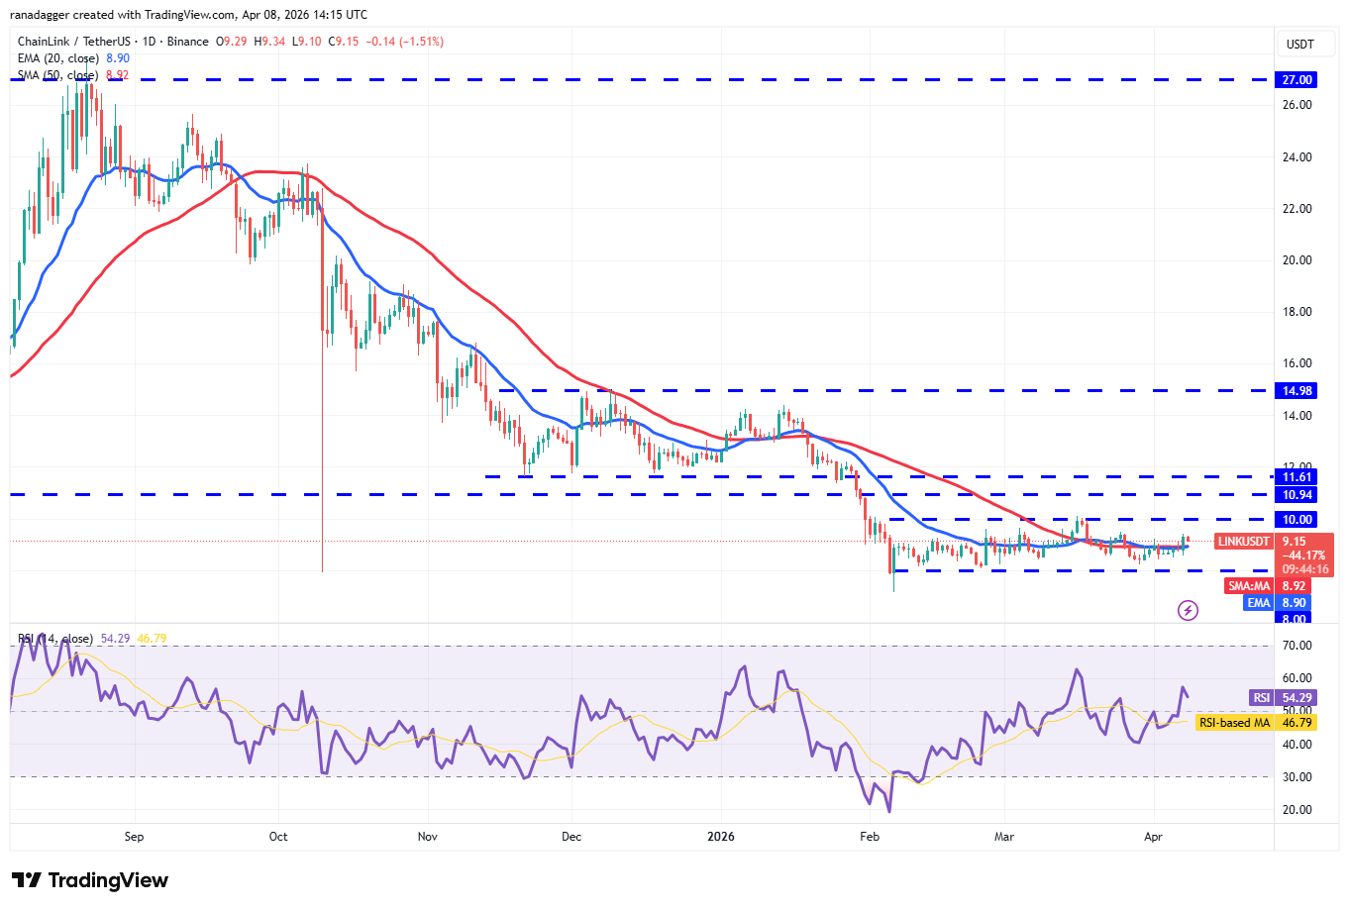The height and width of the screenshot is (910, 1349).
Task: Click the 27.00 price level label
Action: [x=1297, y=79]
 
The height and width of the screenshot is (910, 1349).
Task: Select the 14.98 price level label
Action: [x=1297, y=390]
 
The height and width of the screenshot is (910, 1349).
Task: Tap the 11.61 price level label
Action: [x=1297, y=477]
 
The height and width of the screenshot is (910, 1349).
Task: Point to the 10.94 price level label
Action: [x=1297, y=495]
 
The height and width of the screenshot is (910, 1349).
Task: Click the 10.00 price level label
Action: [x=1297, y=519]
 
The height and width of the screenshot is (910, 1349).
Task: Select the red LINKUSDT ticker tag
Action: [x=1243, y=542]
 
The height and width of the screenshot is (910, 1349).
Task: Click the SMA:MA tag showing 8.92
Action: [x=1249, y=586]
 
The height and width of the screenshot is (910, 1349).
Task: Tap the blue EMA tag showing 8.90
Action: [x=1258, y=602]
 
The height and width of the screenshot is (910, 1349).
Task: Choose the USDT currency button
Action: [x=1299, y=44]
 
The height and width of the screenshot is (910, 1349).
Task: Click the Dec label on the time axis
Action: [x=571, y=837]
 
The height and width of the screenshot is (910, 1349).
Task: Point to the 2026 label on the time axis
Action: [x=721, y=837]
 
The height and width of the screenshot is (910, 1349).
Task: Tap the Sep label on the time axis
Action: [x=135, y=837]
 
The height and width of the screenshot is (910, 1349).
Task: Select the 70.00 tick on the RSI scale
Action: [x=1297, y=646]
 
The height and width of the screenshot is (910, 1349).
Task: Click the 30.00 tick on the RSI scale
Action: [x=1297, y=777]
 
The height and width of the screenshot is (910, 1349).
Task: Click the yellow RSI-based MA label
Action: [x=1234, y=723]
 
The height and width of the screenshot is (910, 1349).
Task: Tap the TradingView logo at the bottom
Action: [x=90, y=880]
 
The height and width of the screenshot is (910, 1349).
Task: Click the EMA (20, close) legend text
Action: [x=59, y=58]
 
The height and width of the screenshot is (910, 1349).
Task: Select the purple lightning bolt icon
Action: [x=1188, y=610]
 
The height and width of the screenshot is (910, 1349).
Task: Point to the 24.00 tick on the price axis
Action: [x=1297, y=156]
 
